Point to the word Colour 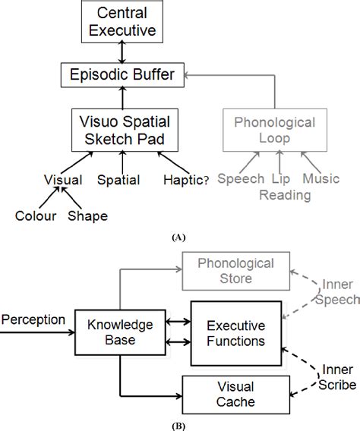[34, 215]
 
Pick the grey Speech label [240, 179]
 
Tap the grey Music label [321, 179]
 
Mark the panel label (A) [179, 237]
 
